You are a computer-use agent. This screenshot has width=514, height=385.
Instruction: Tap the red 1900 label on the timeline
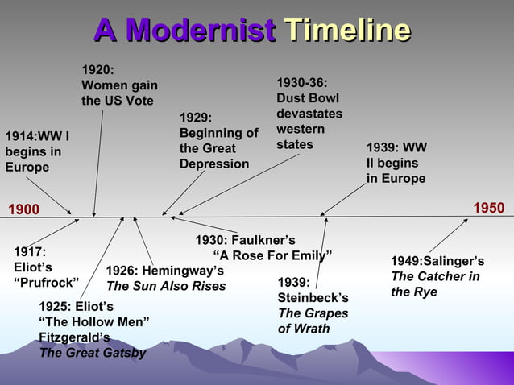point(23,209)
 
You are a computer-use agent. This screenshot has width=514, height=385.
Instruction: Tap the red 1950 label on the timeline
point(488,209)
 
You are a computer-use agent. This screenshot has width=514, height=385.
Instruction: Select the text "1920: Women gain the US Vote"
point(118,85)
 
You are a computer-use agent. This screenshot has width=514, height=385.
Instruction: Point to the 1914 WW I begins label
point(37,151)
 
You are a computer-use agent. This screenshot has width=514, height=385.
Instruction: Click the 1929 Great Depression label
point(218,141)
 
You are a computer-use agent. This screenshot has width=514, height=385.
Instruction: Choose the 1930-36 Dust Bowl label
point(309,114)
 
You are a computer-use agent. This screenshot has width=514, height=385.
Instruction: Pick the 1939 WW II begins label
point(396,163)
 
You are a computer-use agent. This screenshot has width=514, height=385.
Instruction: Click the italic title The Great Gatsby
point(93,352)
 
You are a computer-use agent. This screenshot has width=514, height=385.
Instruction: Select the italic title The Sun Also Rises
point(166,285)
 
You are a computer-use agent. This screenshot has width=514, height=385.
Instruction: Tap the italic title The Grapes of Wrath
point(313,321)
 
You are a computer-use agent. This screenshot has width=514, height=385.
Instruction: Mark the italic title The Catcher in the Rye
point(435,284)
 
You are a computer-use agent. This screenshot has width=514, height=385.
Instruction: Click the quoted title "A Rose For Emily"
point(266,256)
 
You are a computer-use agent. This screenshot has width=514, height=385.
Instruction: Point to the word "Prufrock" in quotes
point(46,282)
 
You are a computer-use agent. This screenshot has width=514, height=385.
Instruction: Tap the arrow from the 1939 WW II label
point(343,199)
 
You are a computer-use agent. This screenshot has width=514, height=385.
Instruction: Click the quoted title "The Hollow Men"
point(93,321)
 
